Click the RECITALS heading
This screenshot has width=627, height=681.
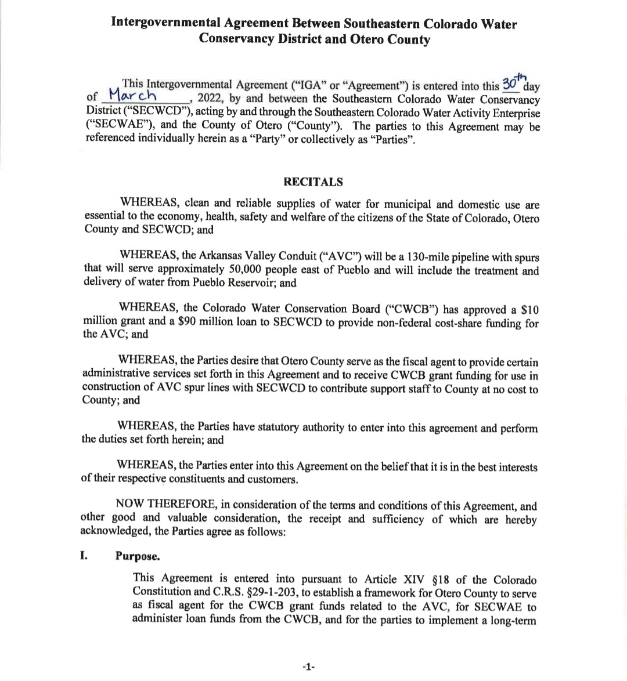coord(313,182)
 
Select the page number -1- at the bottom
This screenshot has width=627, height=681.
coord(308,667)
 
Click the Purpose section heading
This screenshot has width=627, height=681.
coord(138,556)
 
